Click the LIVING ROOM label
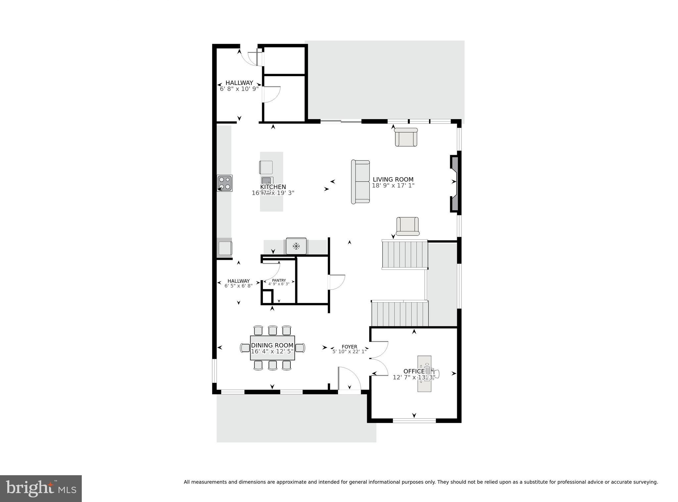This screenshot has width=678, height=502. (393, 180)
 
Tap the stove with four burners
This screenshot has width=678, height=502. (225, 183)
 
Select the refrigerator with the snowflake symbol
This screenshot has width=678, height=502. (296, 246)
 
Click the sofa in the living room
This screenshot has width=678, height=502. (360, 182)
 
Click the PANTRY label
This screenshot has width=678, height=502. (279, 280)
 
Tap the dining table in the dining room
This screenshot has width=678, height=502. (272, 348)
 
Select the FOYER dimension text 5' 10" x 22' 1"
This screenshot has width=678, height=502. (350, 352)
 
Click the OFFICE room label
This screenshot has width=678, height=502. (413, 371)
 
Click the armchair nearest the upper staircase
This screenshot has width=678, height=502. (408, 226)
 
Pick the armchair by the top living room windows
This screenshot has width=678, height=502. (406, 137)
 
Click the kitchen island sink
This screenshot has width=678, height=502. (267, 181)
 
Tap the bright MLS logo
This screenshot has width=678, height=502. (41, 488)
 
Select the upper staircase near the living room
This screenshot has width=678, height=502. (405, 254)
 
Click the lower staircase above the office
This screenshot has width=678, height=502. (400, 314)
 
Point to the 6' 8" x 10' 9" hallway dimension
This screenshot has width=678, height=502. (239, 89)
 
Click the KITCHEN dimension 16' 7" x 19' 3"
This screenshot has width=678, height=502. (273, 193)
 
